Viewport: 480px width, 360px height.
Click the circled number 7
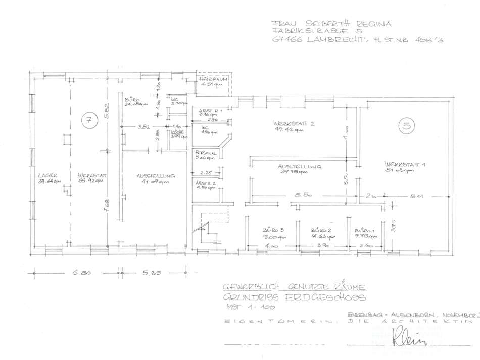pos(88,121)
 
